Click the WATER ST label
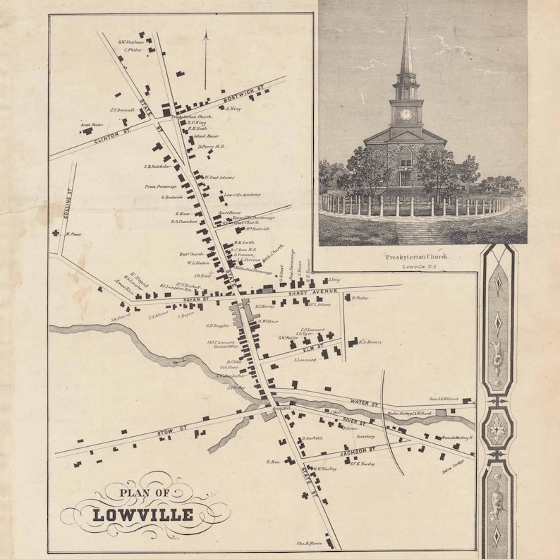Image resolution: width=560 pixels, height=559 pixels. click(x=364, y=402)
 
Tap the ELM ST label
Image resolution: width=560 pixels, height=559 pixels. click(x=314, y=347)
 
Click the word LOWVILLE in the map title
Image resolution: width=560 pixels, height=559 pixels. click(x=142, y=513)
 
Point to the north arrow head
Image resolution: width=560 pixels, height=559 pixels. click(x=205, y=34)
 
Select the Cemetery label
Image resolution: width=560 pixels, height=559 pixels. click(x=365, y=437)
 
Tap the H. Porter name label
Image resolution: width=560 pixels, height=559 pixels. click(x=360, y=298)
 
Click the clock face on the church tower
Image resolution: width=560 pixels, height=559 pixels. click(x=406, y=114)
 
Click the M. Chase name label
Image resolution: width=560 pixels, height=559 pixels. click(x=74, y=234)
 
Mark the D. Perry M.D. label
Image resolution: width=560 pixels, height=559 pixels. click(x=210, y=147)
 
